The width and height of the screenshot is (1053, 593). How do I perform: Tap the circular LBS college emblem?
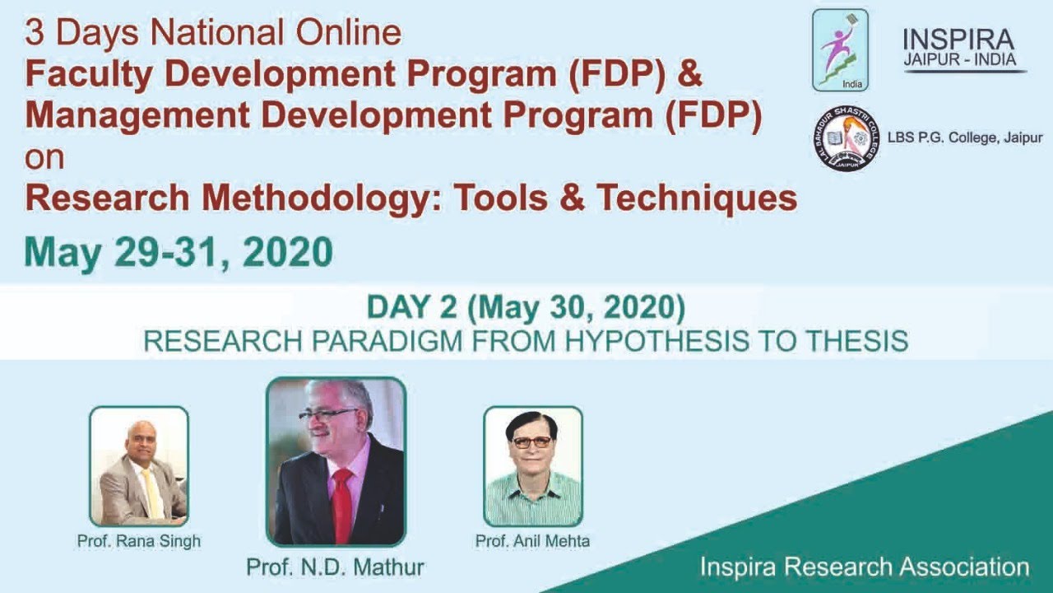[846, 138]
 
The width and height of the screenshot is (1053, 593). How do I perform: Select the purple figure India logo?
[840, 49]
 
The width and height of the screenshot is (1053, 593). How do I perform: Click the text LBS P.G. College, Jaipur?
[964, 138]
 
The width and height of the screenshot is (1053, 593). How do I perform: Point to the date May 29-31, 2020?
[179, 252]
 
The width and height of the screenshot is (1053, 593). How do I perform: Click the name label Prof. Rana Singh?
[138, 541]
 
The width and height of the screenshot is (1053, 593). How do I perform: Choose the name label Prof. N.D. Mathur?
[335, 567]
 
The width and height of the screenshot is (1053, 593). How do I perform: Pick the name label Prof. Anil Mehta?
[532, 541]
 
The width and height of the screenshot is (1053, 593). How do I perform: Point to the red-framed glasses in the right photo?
[531, 442]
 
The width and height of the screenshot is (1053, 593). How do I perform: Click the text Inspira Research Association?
[865, 567]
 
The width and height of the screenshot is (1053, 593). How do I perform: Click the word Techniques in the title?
[697, 198]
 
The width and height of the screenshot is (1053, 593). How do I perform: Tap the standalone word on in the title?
[44, 157]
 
